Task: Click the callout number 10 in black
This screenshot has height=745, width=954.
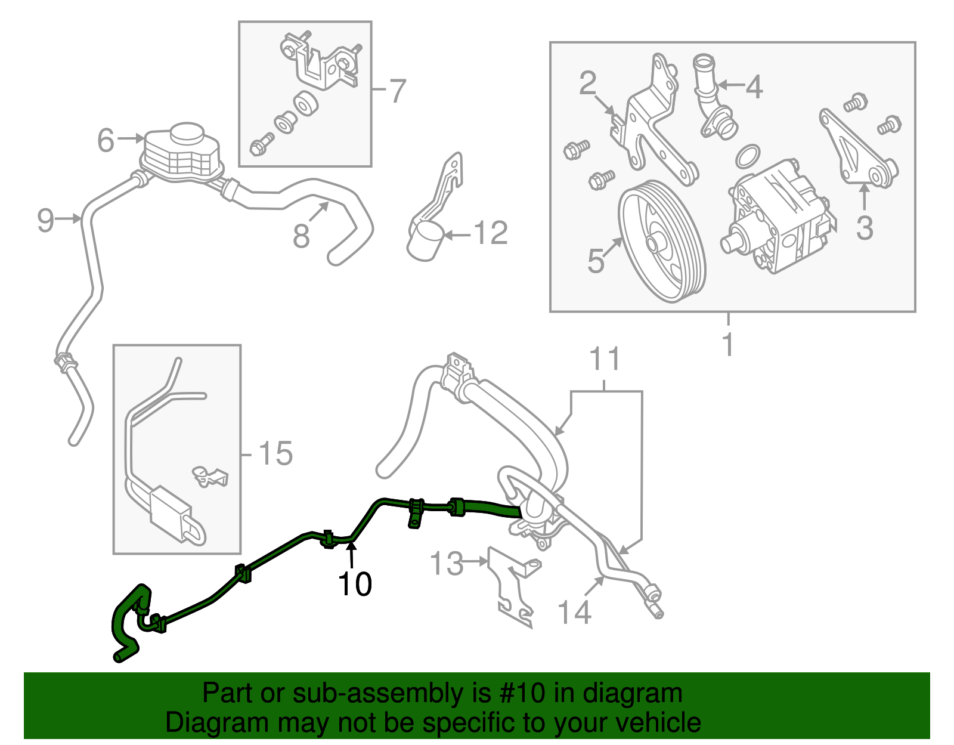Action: (x=355, y=584)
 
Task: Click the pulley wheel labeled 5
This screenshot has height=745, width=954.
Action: (x=662, y=242)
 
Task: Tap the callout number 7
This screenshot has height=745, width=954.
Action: (x=397, y=91)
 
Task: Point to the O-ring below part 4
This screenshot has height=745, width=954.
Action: (x=748, y=156)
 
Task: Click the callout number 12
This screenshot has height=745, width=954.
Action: (x=491, y=233)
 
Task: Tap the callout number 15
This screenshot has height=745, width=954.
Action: (x=275, y=454)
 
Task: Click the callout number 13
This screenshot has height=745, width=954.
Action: (x=447, y=563)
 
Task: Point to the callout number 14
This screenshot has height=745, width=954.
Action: (x=574, y=613)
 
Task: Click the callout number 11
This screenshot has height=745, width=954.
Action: (x=605, y=360)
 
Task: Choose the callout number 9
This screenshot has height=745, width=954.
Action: (x=46, y=220)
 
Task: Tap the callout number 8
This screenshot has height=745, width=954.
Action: (x=301, y=236)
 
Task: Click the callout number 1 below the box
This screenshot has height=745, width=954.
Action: (x=727, y=344)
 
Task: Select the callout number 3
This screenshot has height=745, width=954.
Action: (x=865, y=228)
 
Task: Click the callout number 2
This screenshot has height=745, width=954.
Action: (x=588, y=84)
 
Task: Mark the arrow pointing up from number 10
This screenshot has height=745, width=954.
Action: (x=352, y=555)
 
